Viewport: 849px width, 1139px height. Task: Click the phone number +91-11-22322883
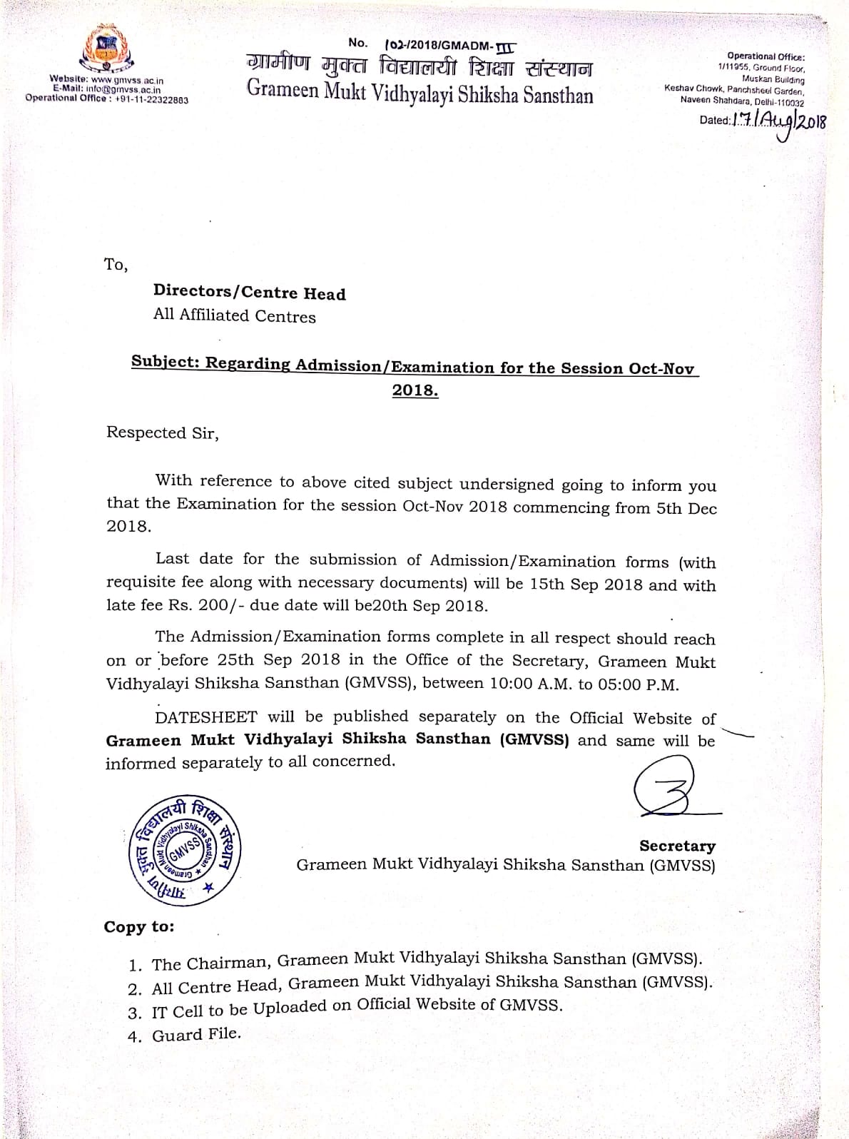[151, 100]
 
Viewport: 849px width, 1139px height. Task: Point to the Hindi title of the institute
[419, 69]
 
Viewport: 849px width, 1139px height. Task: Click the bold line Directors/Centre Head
[249, 293]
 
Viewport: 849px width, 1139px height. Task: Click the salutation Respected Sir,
[163, 432]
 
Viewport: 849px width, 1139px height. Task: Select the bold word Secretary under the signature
[677, 846]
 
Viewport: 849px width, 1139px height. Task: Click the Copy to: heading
[139, 926]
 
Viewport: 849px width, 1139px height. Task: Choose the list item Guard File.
[196, 1034]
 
